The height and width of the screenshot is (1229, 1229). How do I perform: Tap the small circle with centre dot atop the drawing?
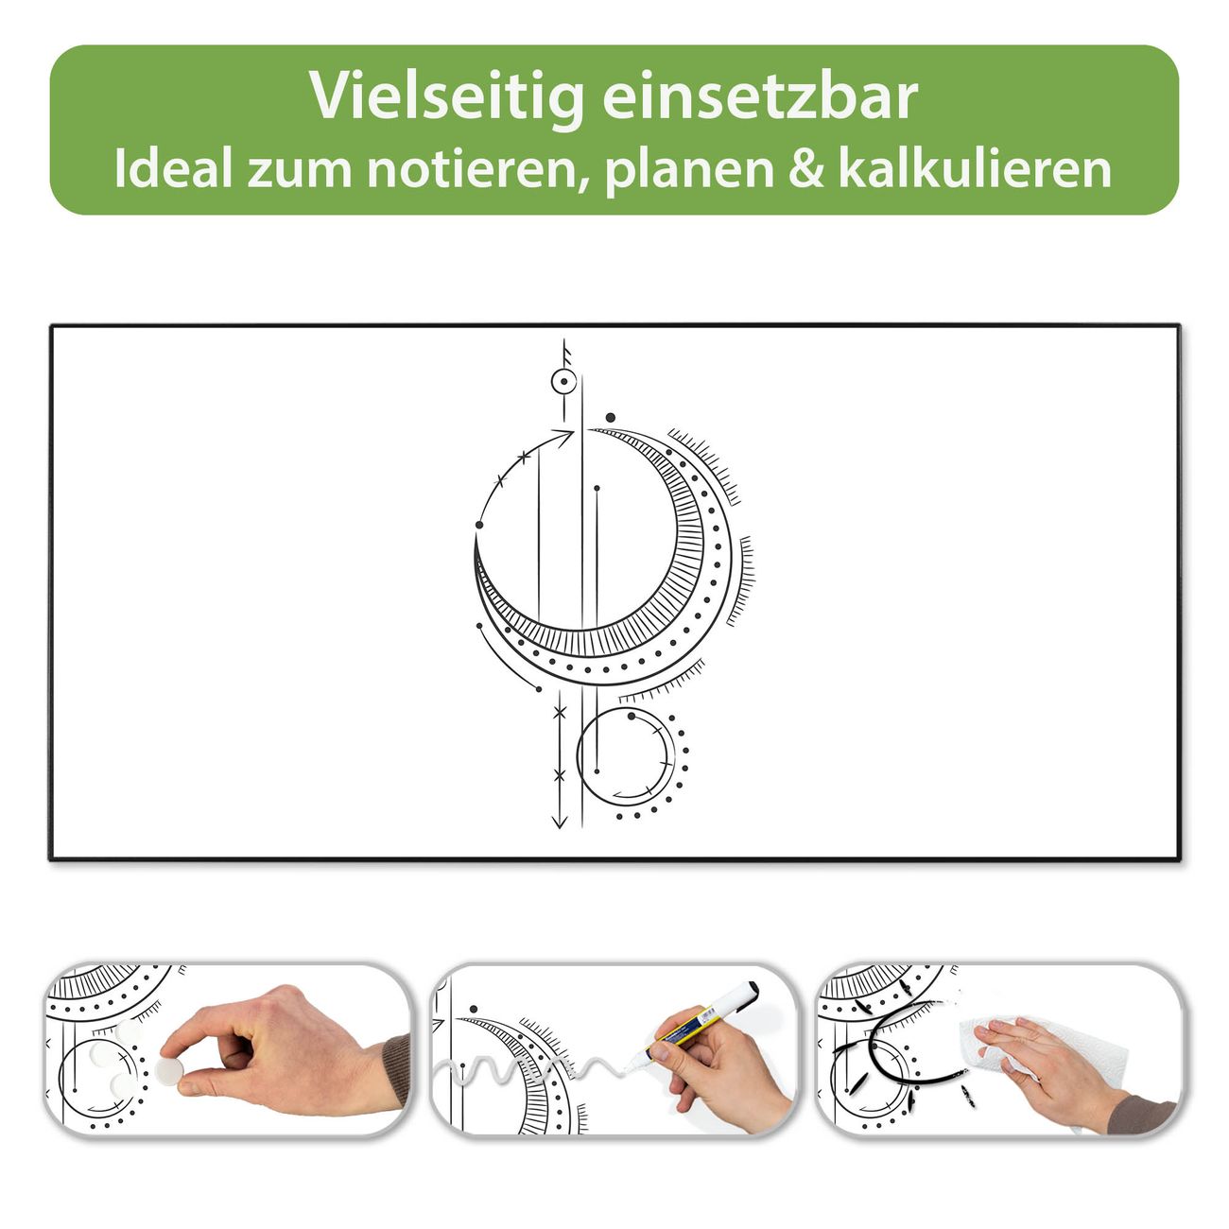pos(563,382)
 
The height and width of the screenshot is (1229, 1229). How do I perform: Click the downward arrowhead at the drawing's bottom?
pos(560,822)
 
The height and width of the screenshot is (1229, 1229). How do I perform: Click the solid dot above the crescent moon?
pos(611,418)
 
